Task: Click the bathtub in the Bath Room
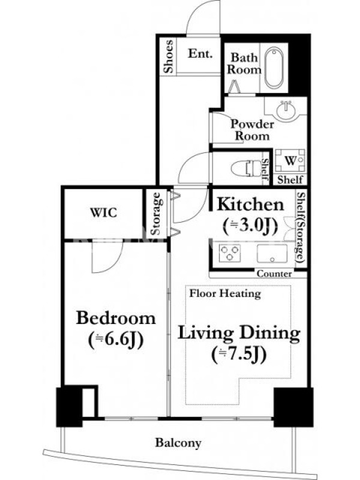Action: tap(274, 68)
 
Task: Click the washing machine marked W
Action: tap(290, 161)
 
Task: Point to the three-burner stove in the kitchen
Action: tap(230, 253)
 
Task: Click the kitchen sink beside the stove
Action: tap(272, 253)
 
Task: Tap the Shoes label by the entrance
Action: tap(168, 56)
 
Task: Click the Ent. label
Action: tap(200, 54)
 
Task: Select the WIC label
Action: tap(103, 212)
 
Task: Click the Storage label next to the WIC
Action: tap(155, 214)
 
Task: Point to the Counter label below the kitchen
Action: tap(274, 274)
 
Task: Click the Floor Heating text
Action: tap(225, 293)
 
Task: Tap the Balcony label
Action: tap(178, 443)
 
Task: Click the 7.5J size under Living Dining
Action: tap(239, 355)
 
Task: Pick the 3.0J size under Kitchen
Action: tap(250, 226)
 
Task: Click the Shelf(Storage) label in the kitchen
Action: tap(301, 227)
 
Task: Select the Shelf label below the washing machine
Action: tap(290, 179)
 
